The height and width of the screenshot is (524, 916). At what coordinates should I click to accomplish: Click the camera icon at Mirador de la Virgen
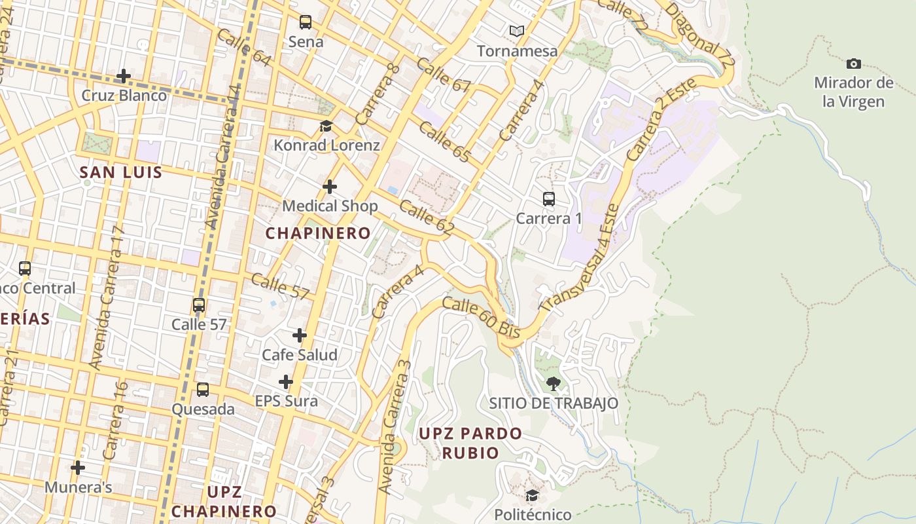[x=853, y=64]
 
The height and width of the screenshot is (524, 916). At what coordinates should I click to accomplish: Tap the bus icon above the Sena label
[x=306, y=22]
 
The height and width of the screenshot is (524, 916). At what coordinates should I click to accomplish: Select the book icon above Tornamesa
[x=517, y=31]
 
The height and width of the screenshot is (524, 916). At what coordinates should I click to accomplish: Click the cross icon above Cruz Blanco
[x=124, y=76]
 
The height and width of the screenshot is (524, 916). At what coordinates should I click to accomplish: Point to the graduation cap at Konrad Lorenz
[x=326, y=126]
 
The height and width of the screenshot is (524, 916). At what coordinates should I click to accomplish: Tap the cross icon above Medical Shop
[x=330, y=187]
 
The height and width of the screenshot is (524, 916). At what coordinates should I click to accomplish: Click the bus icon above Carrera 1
[x=548, y=198]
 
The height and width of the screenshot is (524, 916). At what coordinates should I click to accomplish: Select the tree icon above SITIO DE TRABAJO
[x=553, y=383]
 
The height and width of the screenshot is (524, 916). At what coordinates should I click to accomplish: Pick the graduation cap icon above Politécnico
[x=532, y=495]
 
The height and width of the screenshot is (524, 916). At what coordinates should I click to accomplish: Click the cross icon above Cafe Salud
[x=300, y=335]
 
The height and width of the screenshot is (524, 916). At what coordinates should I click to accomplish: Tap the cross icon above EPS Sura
[x=286, y=382]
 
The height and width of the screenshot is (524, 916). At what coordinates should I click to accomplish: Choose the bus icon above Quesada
[x=203, y=390]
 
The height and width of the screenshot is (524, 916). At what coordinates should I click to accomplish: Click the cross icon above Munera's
[x=78, y=468]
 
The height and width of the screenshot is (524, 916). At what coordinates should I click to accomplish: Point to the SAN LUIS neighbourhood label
[x=120, y=172]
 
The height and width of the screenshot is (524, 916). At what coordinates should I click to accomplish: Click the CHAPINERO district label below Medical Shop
[x=317, y=233]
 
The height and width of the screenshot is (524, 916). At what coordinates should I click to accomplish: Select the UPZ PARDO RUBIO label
[x=470, y=443]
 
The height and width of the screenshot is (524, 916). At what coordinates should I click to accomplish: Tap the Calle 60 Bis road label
[x=481, y=317]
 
